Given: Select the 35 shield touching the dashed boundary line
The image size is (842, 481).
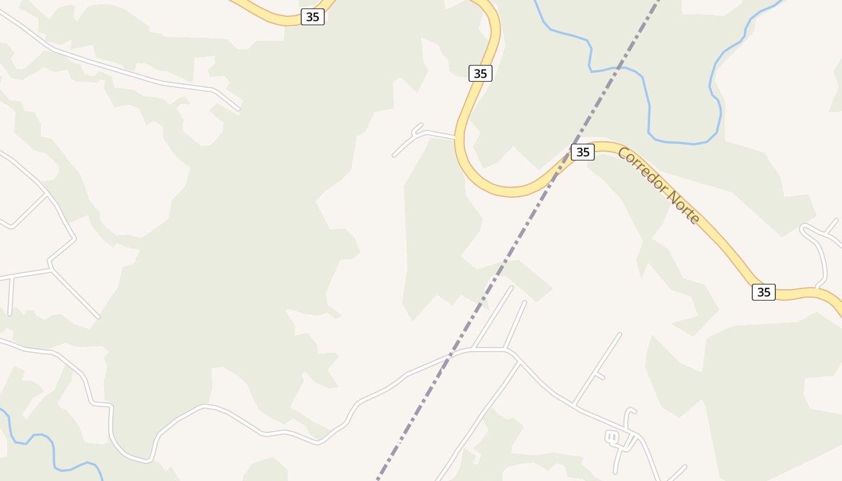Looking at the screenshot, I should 582,152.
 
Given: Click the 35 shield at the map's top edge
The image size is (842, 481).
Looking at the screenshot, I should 312,17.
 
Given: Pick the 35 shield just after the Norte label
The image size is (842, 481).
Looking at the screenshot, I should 763,292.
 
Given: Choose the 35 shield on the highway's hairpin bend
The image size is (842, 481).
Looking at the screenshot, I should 480,73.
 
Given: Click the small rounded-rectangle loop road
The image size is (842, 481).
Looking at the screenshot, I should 612,438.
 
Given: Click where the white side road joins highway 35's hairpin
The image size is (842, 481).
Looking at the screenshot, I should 455,138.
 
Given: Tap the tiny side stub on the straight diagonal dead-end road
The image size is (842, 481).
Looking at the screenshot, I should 600,376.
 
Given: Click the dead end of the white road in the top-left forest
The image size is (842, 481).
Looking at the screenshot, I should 238,109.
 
